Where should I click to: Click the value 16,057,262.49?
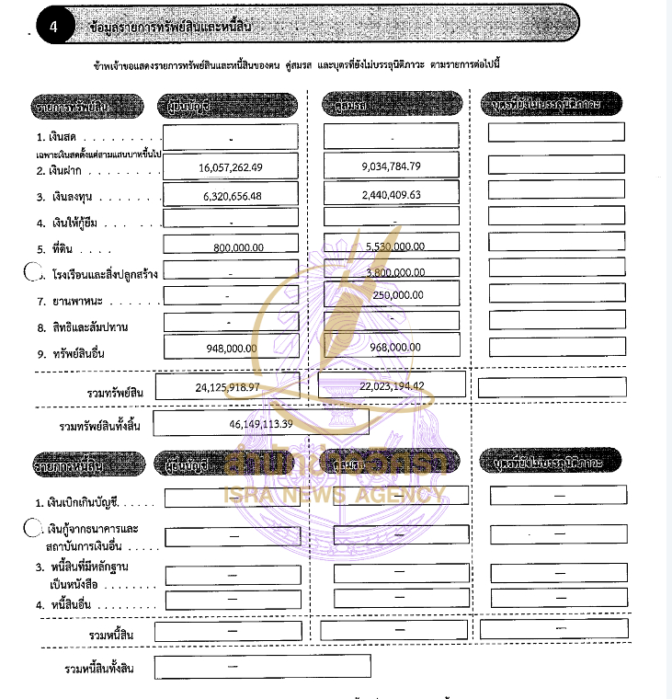[230, 167]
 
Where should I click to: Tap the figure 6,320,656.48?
[230, 196]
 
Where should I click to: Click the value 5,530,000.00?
[394, 246]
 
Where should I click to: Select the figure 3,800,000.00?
[394, 272]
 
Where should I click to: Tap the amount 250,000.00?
[398, 295]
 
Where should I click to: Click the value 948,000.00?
[233, 348]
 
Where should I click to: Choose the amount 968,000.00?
[394, 348]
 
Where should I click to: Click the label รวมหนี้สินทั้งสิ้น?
[95, 668]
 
